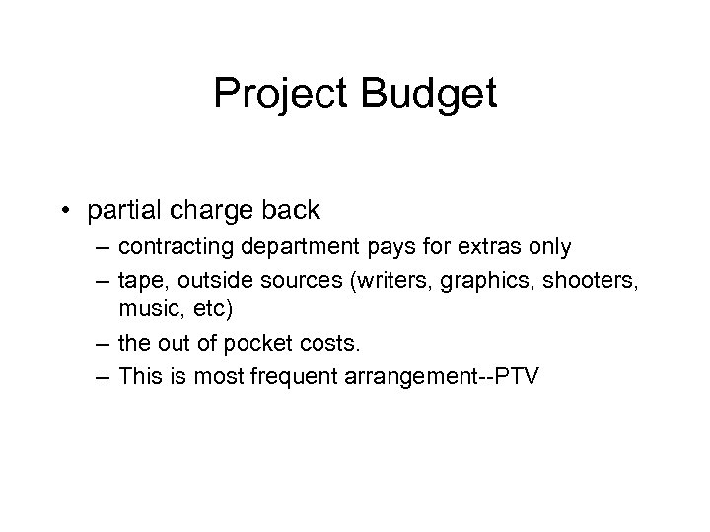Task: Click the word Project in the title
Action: [277, 96]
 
